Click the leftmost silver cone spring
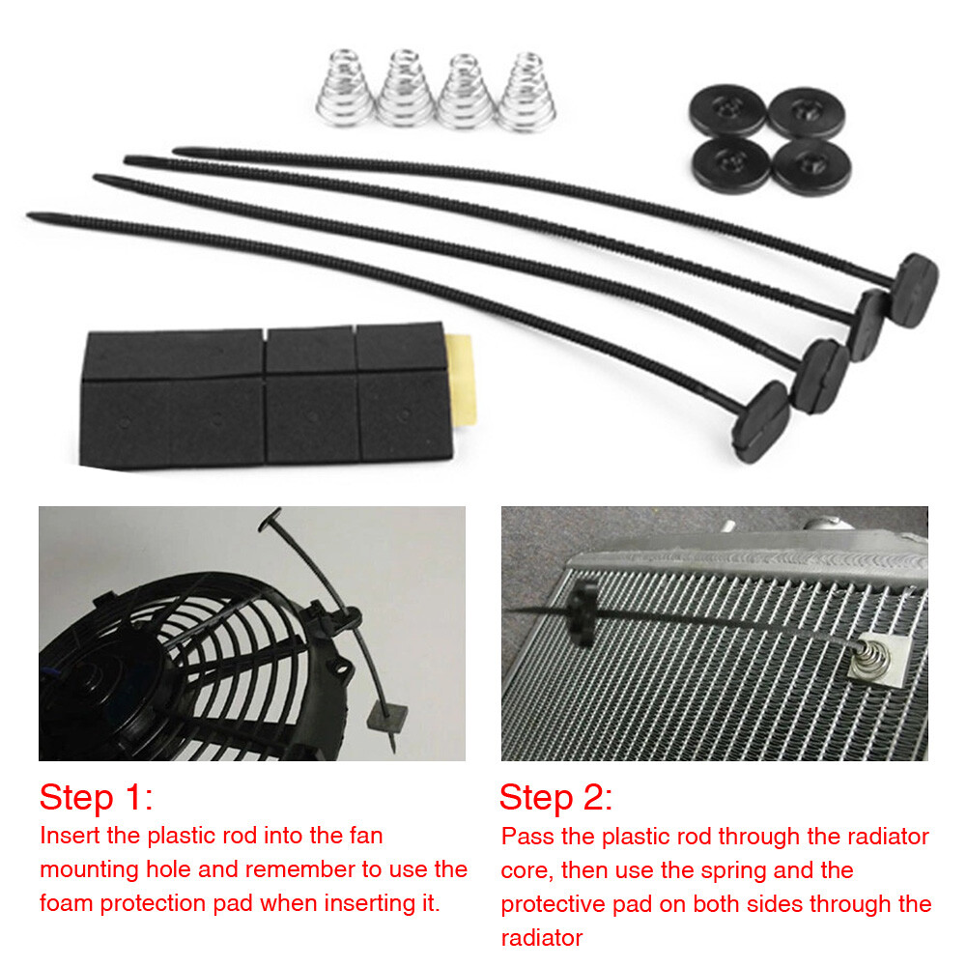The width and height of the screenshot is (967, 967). click(343, 91)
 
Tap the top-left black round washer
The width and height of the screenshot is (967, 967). click(726, 112)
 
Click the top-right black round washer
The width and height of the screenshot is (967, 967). click(806, 112)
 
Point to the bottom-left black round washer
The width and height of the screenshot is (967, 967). click(730, 163)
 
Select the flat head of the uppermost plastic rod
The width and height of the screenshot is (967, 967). click(914, 289)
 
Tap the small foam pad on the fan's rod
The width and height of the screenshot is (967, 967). click(386, 716)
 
